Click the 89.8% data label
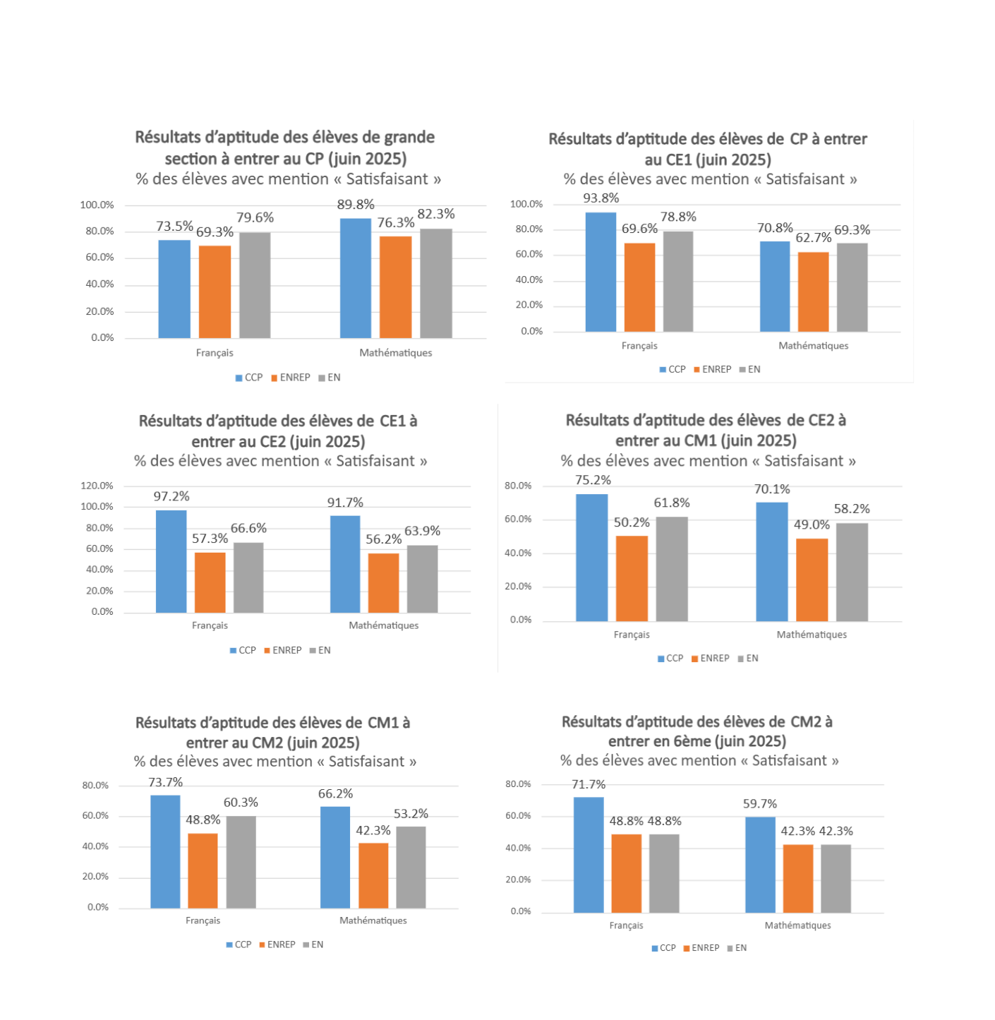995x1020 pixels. click(x=356, y=205)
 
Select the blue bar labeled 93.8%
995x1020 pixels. click(x=601, y=272)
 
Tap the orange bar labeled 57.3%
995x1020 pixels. click(x=210, y=582)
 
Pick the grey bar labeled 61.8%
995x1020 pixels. click(x=672, y=569)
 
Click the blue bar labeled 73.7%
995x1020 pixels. click(x=165, y=851)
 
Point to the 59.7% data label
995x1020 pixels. click(x=760, y=804)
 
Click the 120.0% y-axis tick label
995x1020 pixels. click(x=97, y=486)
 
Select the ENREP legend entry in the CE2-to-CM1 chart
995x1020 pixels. click(x=711, y=658)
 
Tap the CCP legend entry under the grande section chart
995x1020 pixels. click(x=249, y=378)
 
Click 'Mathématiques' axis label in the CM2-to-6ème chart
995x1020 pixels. click(x=797, y=925)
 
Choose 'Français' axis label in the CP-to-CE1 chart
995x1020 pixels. click(x=639, y=346)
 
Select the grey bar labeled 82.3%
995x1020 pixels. click(x=436, y=283)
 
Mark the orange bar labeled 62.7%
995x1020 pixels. click(x=814, y=292)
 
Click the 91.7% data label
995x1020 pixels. click(x=345, y=503)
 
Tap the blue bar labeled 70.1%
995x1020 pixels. click(x=772, y=562)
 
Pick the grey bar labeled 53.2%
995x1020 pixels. click(x=411, y=867)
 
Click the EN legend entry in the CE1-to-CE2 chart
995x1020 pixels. click(x=320, y=650)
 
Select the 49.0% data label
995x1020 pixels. click(x=812, y=524)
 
